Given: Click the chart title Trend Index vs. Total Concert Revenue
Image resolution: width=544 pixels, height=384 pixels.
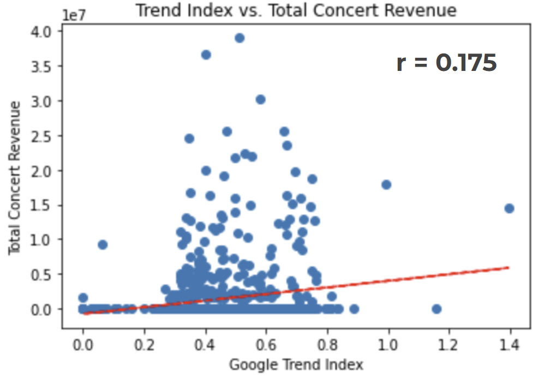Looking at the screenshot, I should coord(296,10).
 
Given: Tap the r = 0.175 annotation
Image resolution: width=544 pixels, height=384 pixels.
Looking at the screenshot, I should coord(446,63).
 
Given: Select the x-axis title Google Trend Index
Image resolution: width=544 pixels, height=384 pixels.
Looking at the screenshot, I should coord(296,364).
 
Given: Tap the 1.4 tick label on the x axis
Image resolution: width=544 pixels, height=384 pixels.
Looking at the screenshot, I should coord(510,345).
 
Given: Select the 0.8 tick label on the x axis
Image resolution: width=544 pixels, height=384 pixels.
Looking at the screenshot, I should coord(327,345).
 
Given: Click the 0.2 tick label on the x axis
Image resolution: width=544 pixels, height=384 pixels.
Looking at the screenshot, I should coord(144,345).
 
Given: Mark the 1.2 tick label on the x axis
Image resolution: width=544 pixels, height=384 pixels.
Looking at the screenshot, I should coord(449,345).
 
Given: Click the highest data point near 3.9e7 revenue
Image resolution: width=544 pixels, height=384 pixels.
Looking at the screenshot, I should coord(239,38).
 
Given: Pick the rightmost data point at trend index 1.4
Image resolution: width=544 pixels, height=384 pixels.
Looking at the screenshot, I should coord(510,208).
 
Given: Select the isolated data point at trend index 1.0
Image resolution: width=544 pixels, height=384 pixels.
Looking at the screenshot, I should coord(386,184).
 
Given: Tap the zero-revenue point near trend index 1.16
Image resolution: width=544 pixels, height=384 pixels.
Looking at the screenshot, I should coord(437,309).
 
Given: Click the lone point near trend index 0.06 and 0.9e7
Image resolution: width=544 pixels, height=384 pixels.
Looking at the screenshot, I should coord(102,244).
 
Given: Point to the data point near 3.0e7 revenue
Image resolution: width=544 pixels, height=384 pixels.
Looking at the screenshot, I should coord(261,99).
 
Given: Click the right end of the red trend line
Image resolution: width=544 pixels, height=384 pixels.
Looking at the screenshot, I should coord(509,267).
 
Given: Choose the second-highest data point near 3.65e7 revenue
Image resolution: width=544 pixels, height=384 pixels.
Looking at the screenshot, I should coord(206,55).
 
